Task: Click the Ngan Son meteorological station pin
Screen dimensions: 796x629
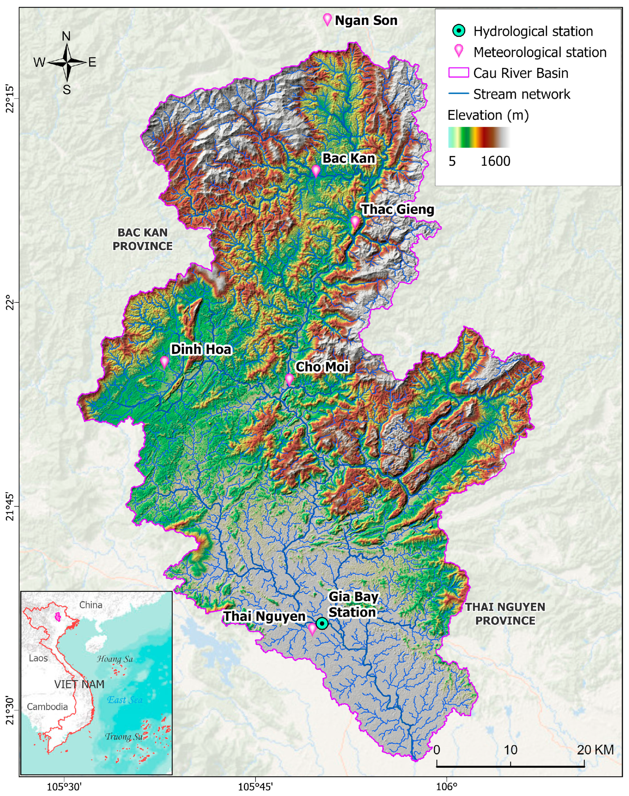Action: pyautogui.click(x=327, y=19)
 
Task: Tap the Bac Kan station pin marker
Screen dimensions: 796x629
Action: pyautogui.click(x=316, y=171)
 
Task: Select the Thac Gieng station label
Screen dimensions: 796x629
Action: pyautogui.click(x=397, y=209)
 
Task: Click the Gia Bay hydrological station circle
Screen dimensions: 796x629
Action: pyautogui.click(x=322, y=623)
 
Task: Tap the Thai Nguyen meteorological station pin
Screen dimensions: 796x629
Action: pyautogui.click(x=312, y=628)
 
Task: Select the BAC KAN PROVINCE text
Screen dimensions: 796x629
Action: pyautogui.click(x=143, y=240)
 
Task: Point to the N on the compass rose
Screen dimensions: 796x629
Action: pyautogui.click(x=66, y=36)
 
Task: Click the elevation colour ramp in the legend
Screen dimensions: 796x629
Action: pyautogui.click(x=479, y=137)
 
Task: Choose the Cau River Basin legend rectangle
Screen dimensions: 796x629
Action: pyautogui.click(x=458, y=73)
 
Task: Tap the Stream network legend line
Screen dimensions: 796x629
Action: pyautogui.click(x=458, y=94)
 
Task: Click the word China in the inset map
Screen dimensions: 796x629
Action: pyautogui.click(x=91, y=605)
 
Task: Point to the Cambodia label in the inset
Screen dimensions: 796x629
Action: pyautogui.click(x=47, y=706)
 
